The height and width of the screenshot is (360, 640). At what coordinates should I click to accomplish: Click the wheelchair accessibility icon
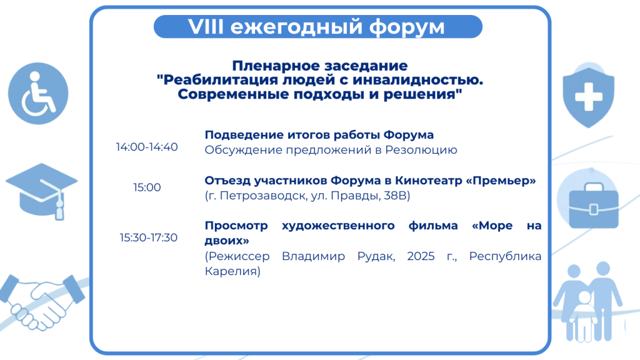click(38, 94)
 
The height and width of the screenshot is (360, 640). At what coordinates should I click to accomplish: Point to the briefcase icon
click(594, 206)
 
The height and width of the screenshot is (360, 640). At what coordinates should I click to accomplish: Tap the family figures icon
click(587, 302)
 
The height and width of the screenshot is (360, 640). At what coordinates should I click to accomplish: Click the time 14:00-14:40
click(147, 147)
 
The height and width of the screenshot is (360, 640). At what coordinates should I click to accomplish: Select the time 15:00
click(147, 187)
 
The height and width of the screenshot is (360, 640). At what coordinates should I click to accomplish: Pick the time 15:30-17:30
click(149, 237)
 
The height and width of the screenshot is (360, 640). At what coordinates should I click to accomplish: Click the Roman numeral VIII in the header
click(206, 27)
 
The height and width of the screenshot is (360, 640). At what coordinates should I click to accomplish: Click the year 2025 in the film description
click(421, 256)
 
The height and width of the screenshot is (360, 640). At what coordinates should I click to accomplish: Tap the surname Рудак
click(376, 257)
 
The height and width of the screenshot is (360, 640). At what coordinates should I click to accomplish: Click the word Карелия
click(232, 271)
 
